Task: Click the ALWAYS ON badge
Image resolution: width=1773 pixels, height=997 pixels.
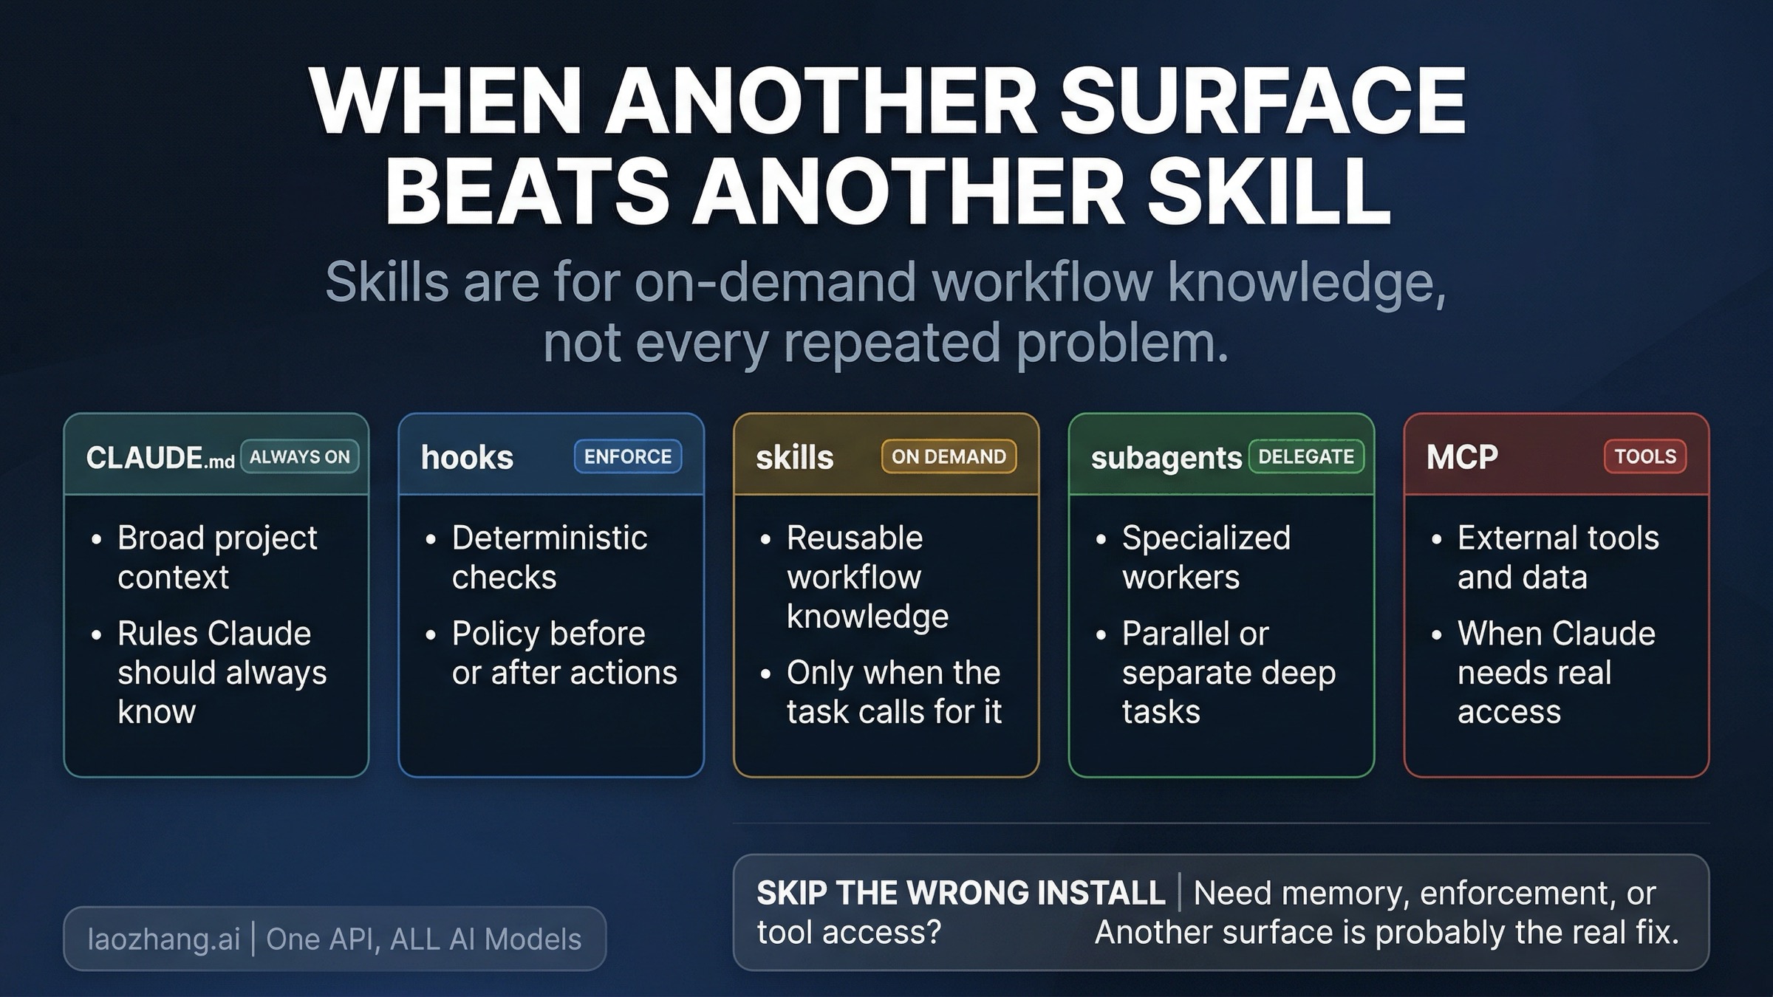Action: pyautogui.click(x=300, y=456)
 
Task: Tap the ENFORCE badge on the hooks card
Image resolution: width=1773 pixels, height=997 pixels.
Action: pyautogui.click(x=628, y=456)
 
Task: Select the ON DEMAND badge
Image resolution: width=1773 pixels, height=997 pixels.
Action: pyautogui.click(x=949, y=456)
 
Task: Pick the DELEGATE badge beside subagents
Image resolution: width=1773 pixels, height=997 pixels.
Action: pyautogui.click(x=1306, y=456)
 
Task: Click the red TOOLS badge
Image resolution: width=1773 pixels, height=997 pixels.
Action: pyautogui.click(x=1645, y=456)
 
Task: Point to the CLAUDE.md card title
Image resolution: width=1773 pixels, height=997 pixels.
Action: pyautogui.click(x=160, y=458)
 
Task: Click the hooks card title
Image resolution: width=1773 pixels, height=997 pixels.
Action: pyautogui.click(x=467, y=458)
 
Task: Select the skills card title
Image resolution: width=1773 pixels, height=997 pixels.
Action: pyautogui.click(x=795, y=458)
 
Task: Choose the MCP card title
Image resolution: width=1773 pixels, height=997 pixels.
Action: pyautogui.click(x=1462, y=457)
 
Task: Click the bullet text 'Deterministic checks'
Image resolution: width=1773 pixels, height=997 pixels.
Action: pyautogui.click(x=550, y=557)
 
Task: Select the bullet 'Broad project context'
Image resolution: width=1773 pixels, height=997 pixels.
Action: pyautogui.click(x=217, y=557)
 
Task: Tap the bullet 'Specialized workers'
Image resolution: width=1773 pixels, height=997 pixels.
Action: pyautogui.click(x=1206, y=557)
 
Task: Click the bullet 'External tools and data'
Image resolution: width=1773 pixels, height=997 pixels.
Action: pyautogui.click(x=1558, y=557)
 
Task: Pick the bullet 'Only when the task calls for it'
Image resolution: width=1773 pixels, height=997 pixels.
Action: pyautogui.click(x=894, y=692)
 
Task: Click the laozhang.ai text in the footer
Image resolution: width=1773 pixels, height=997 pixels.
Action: pyautogui.click(x=163, y=939)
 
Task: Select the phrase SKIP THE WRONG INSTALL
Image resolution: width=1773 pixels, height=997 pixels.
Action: pyautogui.click(x=960, y=893)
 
